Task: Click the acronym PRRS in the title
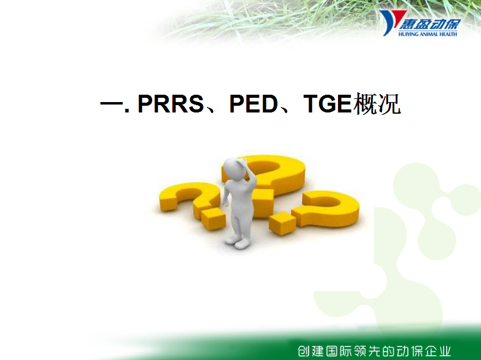171,104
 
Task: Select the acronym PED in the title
254,104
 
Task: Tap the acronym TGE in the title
328,104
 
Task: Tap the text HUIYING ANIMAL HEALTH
428,34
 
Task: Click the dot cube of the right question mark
282,223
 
